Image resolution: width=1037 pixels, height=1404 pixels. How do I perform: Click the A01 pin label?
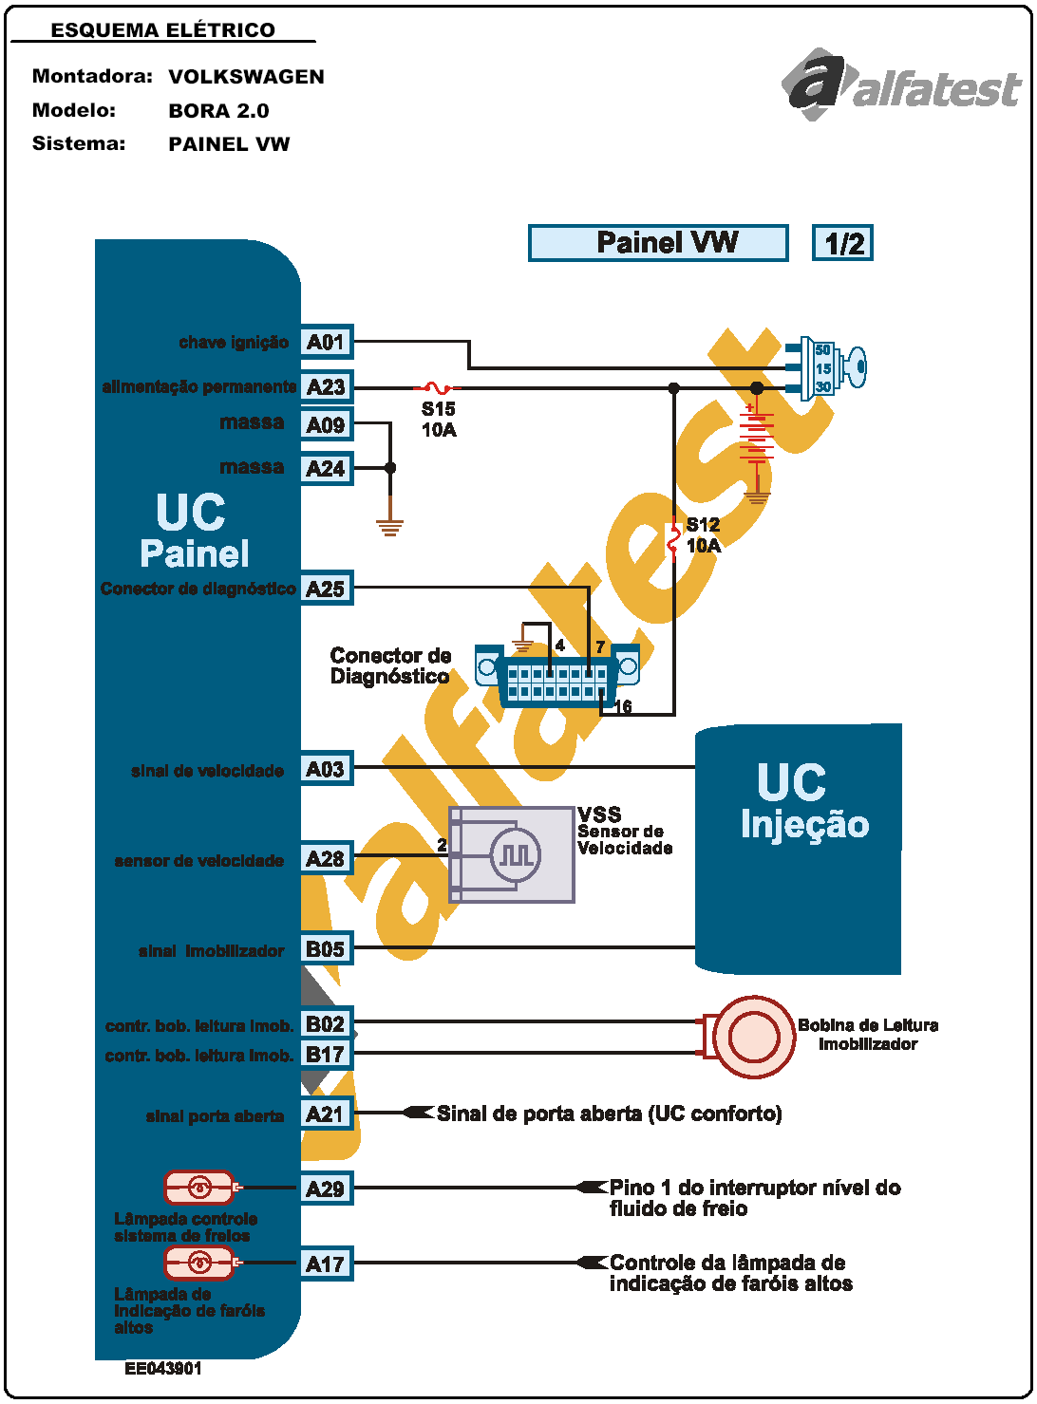[x=326, y=342]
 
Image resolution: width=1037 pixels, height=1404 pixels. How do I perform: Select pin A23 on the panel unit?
[x=326, y=386]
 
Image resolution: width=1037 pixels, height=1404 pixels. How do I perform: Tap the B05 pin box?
[x=326, y=948]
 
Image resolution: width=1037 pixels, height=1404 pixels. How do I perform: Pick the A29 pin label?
[x=326, y=1189]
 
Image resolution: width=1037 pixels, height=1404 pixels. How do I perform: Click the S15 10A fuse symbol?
[x=437, y=387]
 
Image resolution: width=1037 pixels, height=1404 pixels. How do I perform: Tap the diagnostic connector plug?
[x=557, y=675]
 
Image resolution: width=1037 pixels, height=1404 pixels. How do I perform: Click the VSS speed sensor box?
[x=512, y=854]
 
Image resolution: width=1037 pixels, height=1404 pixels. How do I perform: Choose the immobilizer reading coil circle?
[x=753, y=1037]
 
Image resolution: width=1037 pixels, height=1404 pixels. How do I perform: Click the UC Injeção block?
[x=799, y=850]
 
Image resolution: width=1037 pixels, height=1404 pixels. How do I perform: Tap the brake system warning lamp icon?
[x=198, y=1187]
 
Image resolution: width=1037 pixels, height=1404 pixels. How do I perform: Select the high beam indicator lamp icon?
[x=198, y=1263]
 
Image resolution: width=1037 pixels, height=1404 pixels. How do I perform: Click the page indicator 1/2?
[x=842, y=243]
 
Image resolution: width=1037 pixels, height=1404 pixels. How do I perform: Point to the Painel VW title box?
[x=658, y=243]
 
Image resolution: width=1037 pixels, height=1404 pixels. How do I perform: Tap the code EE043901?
[x=162, y=1369]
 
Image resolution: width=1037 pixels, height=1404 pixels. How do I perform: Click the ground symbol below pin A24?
[x=389, y=527]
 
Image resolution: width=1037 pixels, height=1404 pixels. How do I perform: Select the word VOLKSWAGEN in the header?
[x=246, y=77]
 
